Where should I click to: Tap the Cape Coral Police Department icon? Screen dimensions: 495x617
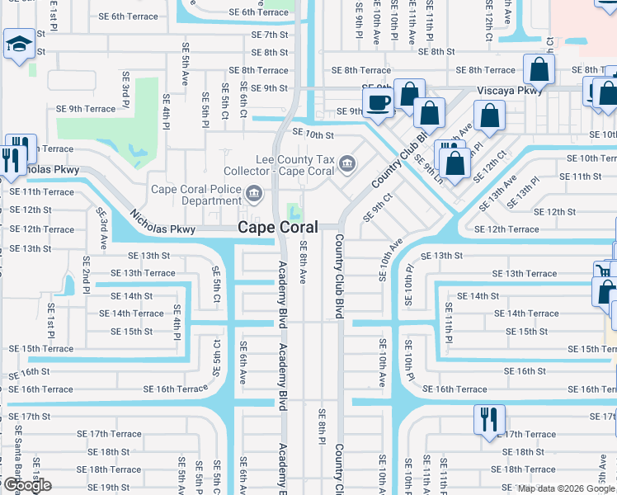point(254,195)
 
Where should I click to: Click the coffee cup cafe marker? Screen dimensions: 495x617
point(379,103)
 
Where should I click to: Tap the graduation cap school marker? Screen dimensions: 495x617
point(18,45)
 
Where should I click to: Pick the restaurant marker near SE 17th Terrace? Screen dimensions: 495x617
point(489,418)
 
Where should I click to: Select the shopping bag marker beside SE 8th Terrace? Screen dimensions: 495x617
point(539,69)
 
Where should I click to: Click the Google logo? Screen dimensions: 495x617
point(26,485)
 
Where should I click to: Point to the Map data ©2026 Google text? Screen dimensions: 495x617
point(566,488)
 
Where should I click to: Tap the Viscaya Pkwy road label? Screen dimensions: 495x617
point(509,91)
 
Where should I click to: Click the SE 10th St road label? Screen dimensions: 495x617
point(308,134)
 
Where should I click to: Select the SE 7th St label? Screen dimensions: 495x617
point(270,35)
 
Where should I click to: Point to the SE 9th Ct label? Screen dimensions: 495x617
point(382,203)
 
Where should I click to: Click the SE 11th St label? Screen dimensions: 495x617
point(581,177)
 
